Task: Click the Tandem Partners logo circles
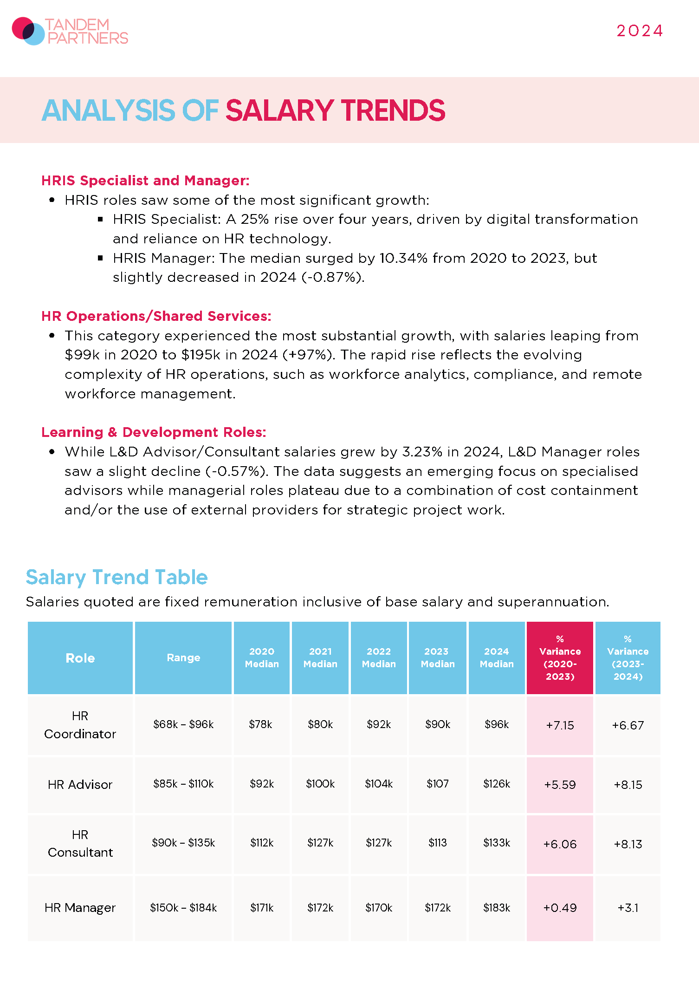pos(28,31)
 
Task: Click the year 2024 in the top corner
pos(640,31)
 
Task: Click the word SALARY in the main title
pos(280,111)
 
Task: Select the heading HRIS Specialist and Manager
pos(145,180)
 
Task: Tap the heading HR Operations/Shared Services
pos(156,316)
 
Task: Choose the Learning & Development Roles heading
pos(154,432)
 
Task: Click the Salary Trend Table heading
pos(116,577)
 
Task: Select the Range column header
pos(183,657)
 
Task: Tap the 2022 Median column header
pos(379,657)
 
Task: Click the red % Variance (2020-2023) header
pos(560,657)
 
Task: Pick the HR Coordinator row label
pos(80,725)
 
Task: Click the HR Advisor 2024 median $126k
pos(497,784)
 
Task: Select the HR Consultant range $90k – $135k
pos(183,843)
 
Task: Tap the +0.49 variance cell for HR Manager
pos(560,908)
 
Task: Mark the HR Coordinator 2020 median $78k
pos(260,724)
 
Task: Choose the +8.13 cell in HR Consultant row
pos(628,844)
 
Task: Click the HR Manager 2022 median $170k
pos(379,908)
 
